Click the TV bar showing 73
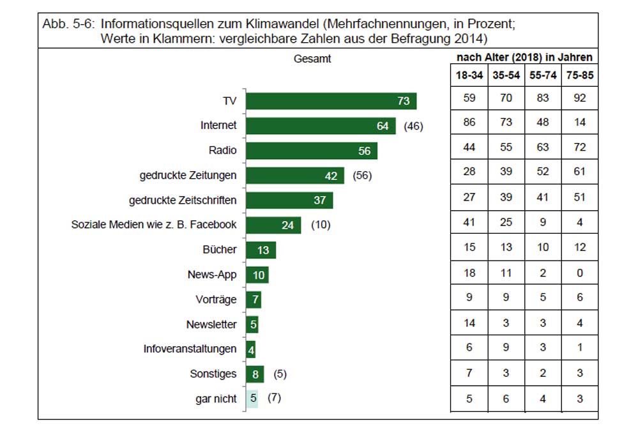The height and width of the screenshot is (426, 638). (x=331, y=101)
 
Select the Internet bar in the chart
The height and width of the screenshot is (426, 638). (x=321, y=126)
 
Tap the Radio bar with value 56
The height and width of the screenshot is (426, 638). (x=312, y=151)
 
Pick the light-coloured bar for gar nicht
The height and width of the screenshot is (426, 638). (x=252, y=399)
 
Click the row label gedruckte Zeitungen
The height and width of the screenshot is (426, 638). (x=188, y=176)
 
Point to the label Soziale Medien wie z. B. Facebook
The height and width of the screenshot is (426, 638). (x=154, y=225)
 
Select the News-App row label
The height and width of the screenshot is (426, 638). (x=212, y=275)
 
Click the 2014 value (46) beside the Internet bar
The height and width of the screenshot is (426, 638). (x=414, y=126)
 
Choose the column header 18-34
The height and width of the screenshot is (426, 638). (x=469, y=75)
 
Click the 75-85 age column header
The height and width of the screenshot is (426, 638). (x=579, y=75)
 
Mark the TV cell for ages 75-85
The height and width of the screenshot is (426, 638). (x=579, y=99)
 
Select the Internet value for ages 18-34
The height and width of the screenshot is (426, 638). (x=469, y=123)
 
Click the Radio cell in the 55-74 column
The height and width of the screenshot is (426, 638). (x=542, y=147)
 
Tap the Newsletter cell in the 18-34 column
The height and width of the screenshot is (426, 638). (x=469, y=323)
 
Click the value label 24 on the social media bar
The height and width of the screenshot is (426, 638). (x=287, y=225)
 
